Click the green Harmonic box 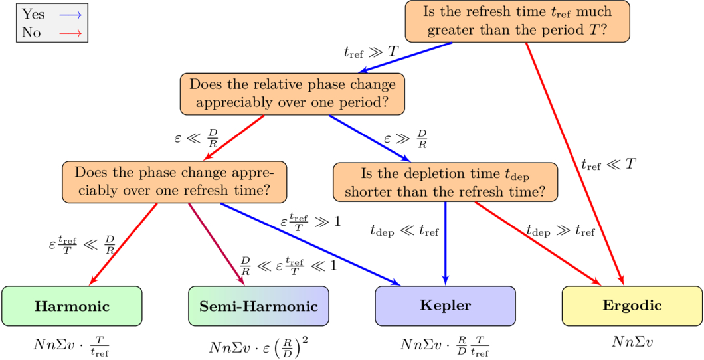click(72, 306)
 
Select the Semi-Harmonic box click(258, 306)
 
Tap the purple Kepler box click(445, 306)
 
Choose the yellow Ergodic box click(632, 306)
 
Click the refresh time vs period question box click(517, 21)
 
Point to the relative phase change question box click(292, 94)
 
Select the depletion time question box click(445, 182)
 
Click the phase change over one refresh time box click(174, 181)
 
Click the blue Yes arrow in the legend click(70, 14)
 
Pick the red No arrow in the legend click(70, 31)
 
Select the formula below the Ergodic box click(632, 341)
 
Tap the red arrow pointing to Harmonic click(124, 243)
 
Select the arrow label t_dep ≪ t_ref click(404, 230)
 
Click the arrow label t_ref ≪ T click(608, 164)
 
